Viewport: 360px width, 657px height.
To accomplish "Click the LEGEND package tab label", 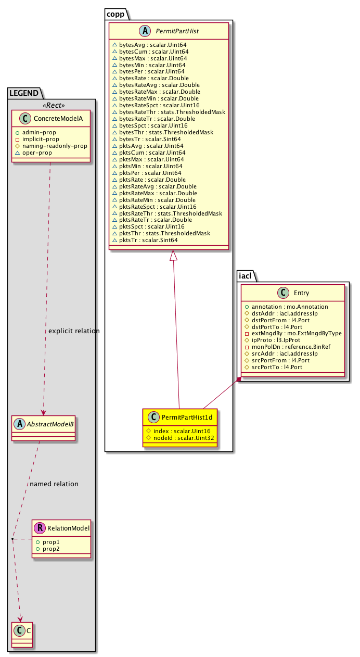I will [23, 94].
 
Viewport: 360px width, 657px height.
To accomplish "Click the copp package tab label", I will [115, 14].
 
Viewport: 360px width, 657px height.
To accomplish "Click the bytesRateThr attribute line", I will [172, 112].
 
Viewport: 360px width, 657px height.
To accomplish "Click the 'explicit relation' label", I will [73, 331].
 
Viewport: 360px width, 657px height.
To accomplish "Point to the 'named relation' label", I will [54, 484].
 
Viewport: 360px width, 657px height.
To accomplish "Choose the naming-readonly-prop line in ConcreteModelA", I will [55, 146].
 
